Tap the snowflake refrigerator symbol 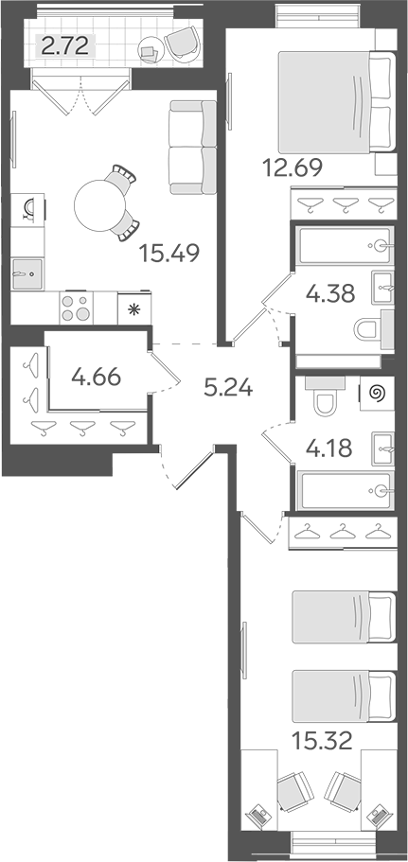tap(133, 308)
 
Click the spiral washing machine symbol tap(375, 392)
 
